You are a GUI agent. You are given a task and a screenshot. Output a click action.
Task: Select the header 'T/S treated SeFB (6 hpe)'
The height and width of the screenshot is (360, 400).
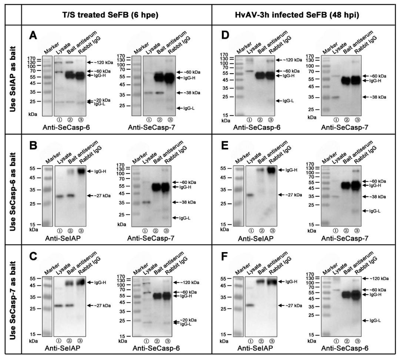pyautogui.click(x=116, y=15)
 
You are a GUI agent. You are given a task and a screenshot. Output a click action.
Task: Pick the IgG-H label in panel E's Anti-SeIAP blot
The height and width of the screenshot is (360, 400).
pyautogui.click(x=289, y=170)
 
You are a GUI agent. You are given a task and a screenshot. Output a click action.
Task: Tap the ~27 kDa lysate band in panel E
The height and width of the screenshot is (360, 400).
pyautogui.click(x=250, y=195)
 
